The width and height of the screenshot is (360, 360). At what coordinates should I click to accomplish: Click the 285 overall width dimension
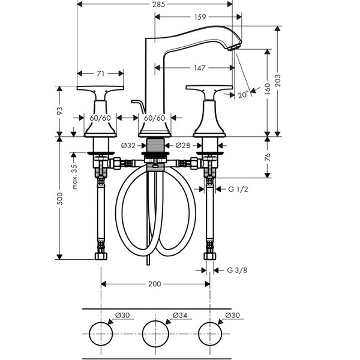click(158, 4)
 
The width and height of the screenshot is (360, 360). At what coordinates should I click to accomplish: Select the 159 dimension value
click(200, 17)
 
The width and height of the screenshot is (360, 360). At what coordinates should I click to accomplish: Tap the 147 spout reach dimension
click(200, 68)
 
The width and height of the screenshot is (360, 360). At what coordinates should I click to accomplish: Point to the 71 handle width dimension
click(101, 74)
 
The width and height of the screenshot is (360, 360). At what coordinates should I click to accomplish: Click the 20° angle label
click(243, 95)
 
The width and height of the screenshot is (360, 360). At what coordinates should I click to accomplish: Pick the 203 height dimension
click(278, 80)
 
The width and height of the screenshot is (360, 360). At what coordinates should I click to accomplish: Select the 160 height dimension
click(268, 89)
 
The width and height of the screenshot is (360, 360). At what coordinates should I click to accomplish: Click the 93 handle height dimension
click(59, 111)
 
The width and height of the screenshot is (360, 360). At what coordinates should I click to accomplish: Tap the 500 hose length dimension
click(59, 199)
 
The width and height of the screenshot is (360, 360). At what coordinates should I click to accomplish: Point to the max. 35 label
click(74, 177)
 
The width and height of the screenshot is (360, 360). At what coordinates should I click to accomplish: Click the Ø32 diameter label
click(128, 146)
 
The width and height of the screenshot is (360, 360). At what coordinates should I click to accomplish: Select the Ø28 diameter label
click(183, 145)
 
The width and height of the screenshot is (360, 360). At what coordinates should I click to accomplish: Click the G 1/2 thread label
click(238, 190)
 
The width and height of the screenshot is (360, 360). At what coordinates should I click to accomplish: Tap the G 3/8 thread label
click(237, 270)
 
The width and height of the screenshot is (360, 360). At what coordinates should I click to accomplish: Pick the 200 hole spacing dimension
click(155, 284)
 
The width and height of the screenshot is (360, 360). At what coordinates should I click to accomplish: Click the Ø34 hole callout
click(180, 316)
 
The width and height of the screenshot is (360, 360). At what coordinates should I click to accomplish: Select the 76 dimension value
click(268, 157)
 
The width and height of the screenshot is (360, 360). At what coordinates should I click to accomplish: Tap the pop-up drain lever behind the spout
click(139, 106)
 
